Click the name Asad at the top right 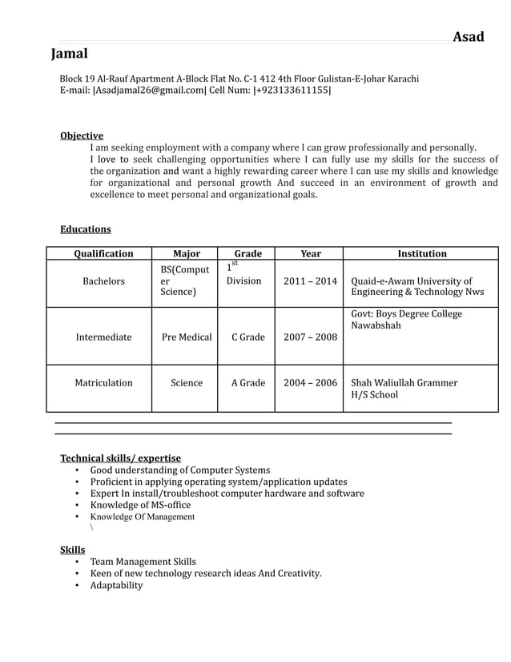click(469, 37)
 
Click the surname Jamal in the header click(70, 54)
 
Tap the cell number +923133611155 click(292, 91)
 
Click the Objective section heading click(82, 136)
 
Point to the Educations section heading click(86, 229)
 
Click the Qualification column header click(103, 254)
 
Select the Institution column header click(422, 254)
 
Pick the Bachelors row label click(103, 281)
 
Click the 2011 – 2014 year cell click(310, 281)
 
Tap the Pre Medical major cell click(187, 337)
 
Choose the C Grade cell click(248, 337)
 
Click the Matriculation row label click(103, 383)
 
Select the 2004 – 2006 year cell click(310, 383)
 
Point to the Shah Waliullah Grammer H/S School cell click(404, 389)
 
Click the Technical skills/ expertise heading click(120, 458)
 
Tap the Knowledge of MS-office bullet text click(140, 505)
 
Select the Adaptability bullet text click(116, 585)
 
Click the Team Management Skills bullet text click(143, 562)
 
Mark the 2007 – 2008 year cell click(310, 337)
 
